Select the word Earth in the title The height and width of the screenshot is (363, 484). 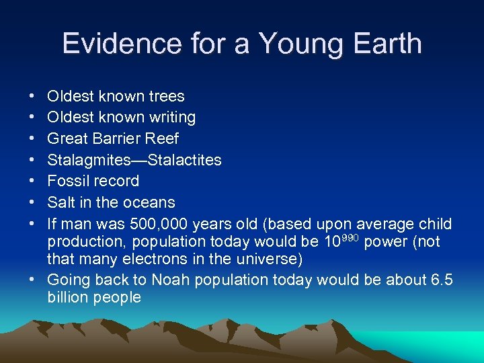[384, 44]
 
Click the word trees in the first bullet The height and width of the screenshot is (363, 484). [165, 96]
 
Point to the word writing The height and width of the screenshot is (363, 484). [171, 118]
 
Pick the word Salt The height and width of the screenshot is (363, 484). [61, 202]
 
